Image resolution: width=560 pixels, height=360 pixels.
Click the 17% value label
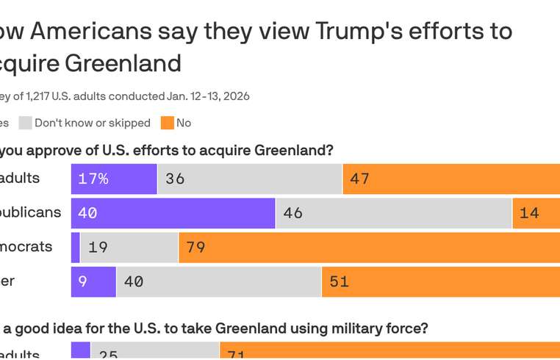(93, 179)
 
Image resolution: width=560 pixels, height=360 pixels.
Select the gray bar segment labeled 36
(250, 179)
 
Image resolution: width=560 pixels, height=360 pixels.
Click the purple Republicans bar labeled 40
(173, 213)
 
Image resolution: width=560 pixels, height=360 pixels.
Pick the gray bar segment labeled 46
(394, 213)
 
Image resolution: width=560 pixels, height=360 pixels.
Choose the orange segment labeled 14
(536, 213)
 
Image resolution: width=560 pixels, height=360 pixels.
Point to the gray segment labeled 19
(129, 248)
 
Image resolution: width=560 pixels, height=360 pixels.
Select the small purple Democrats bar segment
(76, 248)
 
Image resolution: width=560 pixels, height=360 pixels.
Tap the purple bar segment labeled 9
(93, 281)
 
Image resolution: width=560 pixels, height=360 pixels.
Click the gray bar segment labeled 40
(219, 281)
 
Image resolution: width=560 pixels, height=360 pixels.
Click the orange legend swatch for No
(168, 123)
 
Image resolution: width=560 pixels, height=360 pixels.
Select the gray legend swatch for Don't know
(25, 123)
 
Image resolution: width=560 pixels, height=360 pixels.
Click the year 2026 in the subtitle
(236, 96)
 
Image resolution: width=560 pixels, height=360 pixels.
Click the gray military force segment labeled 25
(154, 351)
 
